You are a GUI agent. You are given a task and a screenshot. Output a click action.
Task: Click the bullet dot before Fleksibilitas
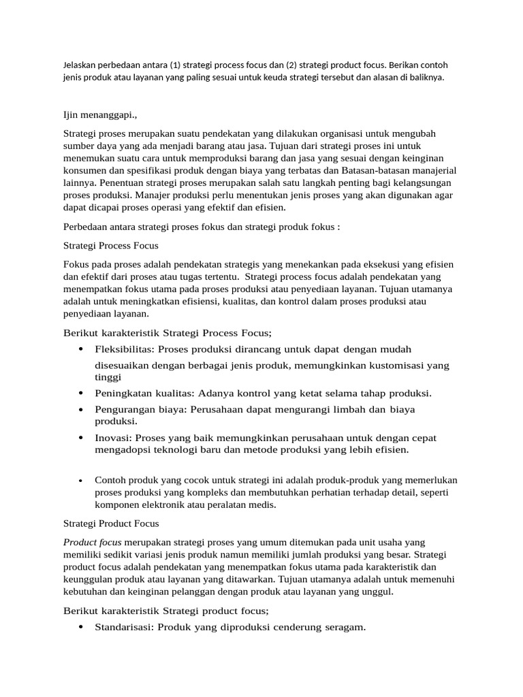[x=81, y=349]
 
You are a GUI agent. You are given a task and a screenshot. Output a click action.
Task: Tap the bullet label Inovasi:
[x=114, y=438]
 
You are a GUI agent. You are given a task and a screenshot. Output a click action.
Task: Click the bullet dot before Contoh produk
[x=81, y=481]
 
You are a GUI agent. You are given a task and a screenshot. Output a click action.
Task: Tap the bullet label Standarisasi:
[x=125, y=628]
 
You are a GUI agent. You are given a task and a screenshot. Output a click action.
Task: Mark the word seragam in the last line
[x=343, y=628]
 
